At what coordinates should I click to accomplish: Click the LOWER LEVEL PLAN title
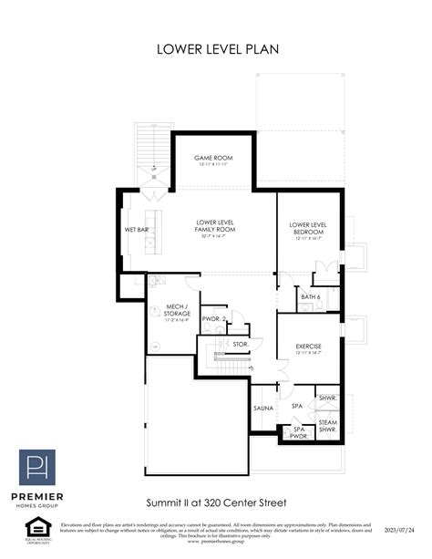click(216, 48)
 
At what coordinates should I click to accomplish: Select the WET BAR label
click(137, 230)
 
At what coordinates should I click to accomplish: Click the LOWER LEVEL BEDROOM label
click(308, 228)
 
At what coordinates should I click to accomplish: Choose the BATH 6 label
click(310, 296)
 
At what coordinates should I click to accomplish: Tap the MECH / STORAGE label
click(176, 311)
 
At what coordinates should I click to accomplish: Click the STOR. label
click(240, 344)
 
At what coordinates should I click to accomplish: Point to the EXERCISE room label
click(310, 347)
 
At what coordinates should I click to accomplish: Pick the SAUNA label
click(262, 408)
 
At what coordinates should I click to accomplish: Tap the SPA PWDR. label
click(297, 431)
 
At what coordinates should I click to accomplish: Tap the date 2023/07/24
click(398, 529)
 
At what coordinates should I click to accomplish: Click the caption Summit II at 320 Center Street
click(216, 502)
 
